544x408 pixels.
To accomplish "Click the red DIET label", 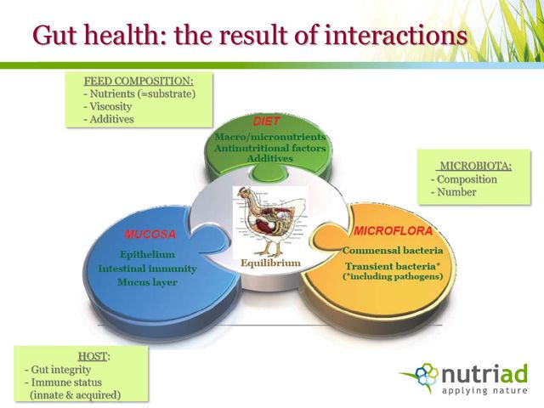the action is coord(266,122).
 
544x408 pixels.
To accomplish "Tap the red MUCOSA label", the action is coord(150,235).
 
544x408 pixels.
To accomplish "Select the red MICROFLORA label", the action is coord(393,231).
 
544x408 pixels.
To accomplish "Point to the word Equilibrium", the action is coord(270,263).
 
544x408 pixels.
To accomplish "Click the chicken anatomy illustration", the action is coord(270,221).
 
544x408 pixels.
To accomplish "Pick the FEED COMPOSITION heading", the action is coord(139,82).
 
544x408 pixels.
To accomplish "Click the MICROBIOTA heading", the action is coord(475,167).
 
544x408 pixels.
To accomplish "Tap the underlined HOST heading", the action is coord(93,356).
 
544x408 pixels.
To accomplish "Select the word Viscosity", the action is coord(110,106).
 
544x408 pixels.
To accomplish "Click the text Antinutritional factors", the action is coord(270,148).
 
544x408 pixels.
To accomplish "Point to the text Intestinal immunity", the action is coord(147,269).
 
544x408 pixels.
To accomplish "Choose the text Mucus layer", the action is coord(147,282).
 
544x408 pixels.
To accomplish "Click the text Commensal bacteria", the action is coord(393,251).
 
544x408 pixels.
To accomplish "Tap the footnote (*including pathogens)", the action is coord(393,277).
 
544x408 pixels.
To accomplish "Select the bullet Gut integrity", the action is coord(60,370).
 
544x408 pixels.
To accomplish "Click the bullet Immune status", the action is coord(66,382).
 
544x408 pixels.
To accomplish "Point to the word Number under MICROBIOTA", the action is coord(456,192).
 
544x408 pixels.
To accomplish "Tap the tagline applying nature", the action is coord(484,391).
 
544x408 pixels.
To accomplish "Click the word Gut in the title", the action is coord(55,35).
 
